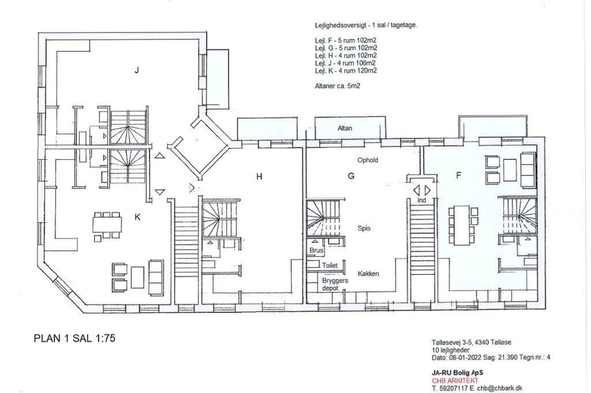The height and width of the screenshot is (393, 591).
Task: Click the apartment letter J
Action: tap(137, 70)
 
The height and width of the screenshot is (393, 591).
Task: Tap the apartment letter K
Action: tap(137, 217)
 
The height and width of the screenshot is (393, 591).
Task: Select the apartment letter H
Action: tap(259, 177)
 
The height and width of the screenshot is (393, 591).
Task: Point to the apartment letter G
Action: tap(351, 176)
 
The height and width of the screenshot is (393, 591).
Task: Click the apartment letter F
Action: tap(459, 175)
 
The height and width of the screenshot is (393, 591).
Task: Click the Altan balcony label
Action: tap(344, 128)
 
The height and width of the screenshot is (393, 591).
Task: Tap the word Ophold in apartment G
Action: tap(368, 160)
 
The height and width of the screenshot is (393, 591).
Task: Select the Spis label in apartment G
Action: tap(364, 228)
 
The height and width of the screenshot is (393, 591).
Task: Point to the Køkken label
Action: tap(368, 273)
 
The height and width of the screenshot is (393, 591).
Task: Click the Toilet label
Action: tap(330, 265)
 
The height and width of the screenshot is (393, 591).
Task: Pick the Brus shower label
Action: tap(316, 251)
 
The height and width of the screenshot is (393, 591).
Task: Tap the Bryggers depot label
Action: tap(334, 285)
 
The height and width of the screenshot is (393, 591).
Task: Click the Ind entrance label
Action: tap(421, 200)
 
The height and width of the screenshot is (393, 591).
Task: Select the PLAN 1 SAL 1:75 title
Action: tap(74, 338)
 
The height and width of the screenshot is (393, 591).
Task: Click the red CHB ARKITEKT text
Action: tap(455, 381)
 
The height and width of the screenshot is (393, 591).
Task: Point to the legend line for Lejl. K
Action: tap(346, 71)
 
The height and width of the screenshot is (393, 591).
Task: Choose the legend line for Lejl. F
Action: tap(346, 40)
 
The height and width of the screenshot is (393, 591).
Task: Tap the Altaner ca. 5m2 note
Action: tap(337, 86)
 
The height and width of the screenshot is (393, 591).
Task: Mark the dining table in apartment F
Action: tap(461, 225)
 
